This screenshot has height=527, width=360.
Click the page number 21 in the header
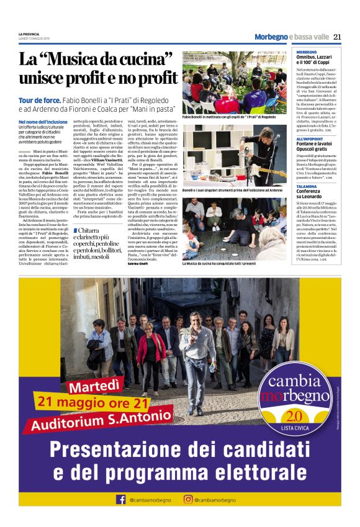[337, 37]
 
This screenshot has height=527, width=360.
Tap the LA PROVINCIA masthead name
[29, 34]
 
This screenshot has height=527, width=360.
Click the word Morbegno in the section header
[271, 37]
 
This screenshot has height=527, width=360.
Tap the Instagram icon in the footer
[187, 500]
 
